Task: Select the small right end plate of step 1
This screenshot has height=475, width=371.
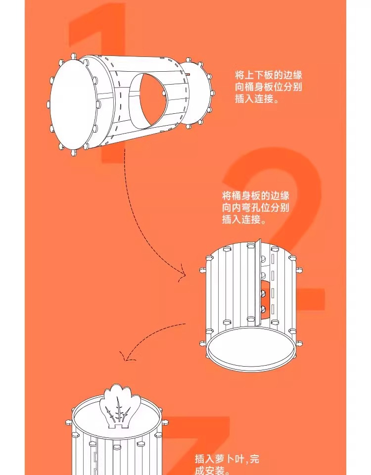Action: pyautogui.click(x=198, y=94)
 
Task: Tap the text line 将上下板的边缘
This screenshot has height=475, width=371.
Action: pyautogui.click(x=268, y=75)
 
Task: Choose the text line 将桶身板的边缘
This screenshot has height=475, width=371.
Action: pyautogui.click(x=255, y=195)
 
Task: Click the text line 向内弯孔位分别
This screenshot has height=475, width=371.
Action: pyautogui.click(x=255, y=208)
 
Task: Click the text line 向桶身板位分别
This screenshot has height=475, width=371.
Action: pyautogui.click(x=268, y=87)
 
